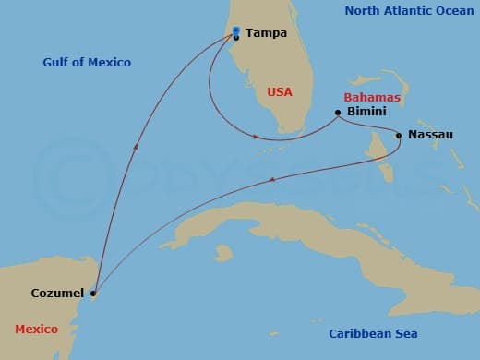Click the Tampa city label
(x=267, y=33)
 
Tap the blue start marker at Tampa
(x=237, y=30)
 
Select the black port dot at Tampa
(x=237, y=37)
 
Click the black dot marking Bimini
(x=338, y=113)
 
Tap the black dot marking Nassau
(x=398, y=136)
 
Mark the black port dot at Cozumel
(x=92, y=294)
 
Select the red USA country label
(x=280, y=92)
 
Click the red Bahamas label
(x=371, y=97)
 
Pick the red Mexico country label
(x=37, y=330)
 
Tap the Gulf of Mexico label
(x=87, y=63)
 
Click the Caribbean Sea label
(x=374, y=333)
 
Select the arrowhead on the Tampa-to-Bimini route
(x=256, y=138)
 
